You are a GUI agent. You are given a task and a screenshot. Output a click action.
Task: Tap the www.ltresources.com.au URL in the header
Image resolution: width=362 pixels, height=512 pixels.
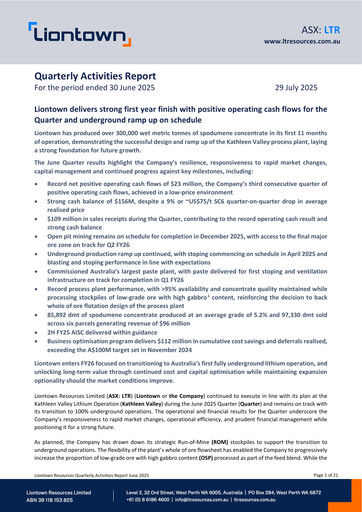pyautogui.click(x=299, y=45)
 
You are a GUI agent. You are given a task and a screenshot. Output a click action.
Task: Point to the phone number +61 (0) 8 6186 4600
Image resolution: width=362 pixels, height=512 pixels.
pyautogui.click(x=162, y=502)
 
